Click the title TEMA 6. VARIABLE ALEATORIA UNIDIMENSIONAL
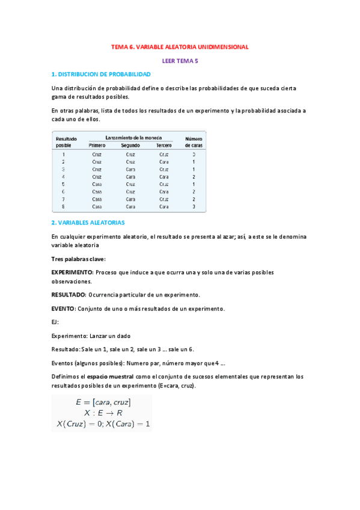click(180, 46)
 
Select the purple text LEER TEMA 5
click(180, 61)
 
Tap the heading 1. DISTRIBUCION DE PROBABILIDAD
click(101, 74)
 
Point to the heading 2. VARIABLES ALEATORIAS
click(88, 223)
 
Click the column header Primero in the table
click(97, 146)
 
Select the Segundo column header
click(130, 146)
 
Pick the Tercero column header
click(163, 146)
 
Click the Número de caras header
click(194, 142)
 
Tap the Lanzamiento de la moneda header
click(130, 138)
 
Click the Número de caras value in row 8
click(194, 206)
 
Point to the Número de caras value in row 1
click(194, 155)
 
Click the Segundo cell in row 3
click(130, 170)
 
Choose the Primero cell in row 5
click(97, 184)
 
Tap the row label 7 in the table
click(63, 199)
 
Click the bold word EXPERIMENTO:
click(72, 272)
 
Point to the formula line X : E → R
click(103, 413)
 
